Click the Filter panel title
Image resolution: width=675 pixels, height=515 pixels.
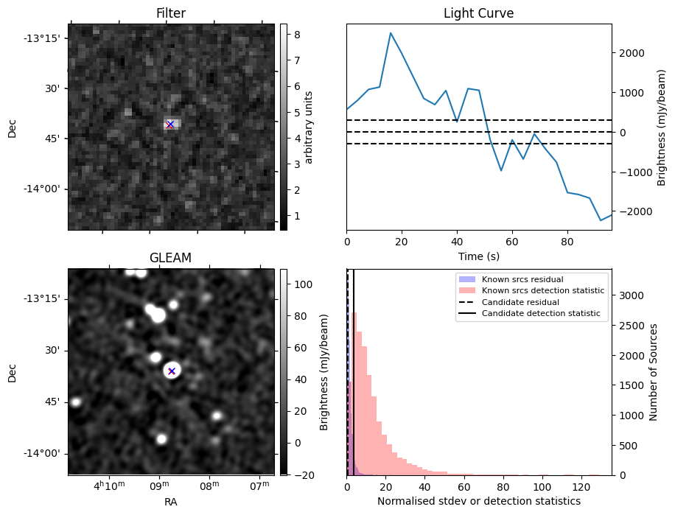(171, 13)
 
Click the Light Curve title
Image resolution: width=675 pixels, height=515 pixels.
(478, 13)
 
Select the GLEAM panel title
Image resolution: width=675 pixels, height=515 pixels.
(170, 258)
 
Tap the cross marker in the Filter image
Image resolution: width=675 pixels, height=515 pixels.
(170, 125)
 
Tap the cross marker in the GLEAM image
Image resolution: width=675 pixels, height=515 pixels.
(172, 371)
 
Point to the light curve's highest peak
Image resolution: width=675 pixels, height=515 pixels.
(391, 33)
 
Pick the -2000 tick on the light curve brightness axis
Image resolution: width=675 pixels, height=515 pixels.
(634, 211)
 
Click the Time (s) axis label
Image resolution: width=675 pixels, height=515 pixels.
(478, 255)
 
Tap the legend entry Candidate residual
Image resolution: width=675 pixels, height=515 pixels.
(517, 302)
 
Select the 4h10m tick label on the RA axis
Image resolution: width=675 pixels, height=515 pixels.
(109, 486)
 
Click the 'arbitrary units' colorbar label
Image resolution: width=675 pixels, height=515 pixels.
(309, 127)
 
